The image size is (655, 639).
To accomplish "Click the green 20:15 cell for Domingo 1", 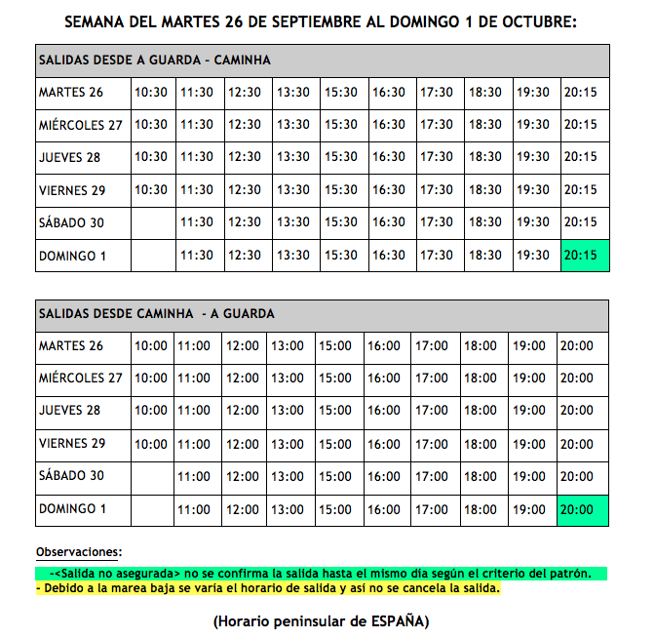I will pos(584,256).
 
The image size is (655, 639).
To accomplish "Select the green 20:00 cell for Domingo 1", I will pos(583,510).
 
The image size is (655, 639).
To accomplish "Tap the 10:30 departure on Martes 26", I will pos(151,93).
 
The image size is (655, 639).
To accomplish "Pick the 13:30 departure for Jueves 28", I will pos(292,157).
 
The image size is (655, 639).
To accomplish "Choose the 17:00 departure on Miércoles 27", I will pos(432,379).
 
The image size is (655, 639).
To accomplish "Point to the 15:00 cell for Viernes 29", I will pos(335,444).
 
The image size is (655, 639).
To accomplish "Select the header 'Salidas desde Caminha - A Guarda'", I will pos(156,314).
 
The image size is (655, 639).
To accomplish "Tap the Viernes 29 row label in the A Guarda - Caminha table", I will pos(72,190).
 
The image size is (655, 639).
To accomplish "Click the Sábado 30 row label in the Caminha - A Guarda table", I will pos(70,476).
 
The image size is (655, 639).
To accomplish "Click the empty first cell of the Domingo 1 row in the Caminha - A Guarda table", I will pos(151,510).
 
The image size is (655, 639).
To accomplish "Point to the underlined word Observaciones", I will pos(79,552).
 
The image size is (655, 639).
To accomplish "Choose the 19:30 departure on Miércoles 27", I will pos(533,125).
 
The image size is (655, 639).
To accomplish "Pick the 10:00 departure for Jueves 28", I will pos(151,411).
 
